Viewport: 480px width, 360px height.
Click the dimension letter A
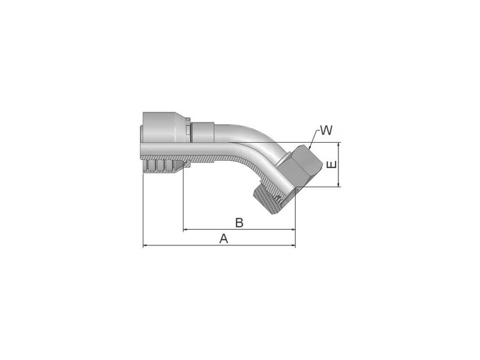pyautogui.click(x=224, y=238)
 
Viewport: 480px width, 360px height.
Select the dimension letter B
pyautogui.click(x=238, y=223)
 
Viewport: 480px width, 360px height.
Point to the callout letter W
pyautogui.click(x=326, y=130)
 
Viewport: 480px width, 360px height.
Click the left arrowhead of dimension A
pyautogui.click(x=145, y=245)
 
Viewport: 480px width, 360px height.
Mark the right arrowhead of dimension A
pyautogui.click(x=293, y=245)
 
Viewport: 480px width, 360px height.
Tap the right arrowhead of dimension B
pyautogui.click(x=293, y=230)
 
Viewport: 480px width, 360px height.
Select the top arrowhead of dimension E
pyautogui.click(x=340, y=145)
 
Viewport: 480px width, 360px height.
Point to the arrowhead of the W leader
pyautogui.click(x=308, y=146)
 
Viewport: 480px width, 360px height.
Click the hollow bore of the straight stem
pyautogui.click(x=180, y=149)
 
